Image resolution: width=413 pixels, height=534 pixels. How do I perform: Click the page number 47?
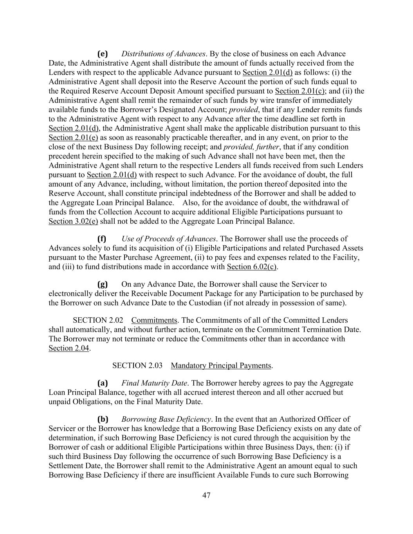point(206,495)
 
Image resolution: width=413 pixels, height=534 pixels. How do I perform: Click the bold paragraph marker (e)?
point(102,54)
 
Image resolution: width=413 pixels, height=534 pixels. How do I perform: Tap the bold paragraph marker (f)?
point(102,239)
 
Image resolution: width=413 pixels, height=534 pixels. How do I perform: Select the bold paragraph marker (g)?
point(102,284)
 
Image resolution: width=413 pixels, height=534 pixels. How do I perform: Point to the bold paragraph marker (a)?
point(102,383)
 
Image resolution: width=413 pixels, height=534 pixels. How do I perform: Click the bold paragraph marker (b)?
point(103,419)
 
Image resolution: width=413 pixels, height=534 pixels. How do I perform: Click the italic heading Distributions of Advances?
point(163,54)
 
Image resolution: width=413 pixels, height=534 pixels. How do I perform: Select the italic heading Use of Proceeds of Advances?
point(168,239)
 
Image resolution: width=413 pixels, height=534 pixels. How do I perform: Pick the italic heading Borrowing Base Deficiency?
point(166,419)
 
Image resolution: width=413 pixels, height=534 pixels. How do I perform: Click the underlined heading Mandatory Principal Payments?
point(221,365)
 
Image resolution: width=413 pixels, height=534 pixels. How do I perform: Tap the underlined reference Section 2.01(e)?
point(73,138)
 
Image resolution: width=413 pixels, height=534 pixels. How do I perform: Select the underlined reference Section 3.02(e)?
point(73,221)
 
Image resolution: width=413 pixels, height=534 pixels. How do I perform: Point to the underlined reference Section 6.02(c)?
point(252,267)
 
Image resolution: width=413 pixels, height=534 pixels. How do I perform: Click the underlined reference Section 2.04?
point(69,348)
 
